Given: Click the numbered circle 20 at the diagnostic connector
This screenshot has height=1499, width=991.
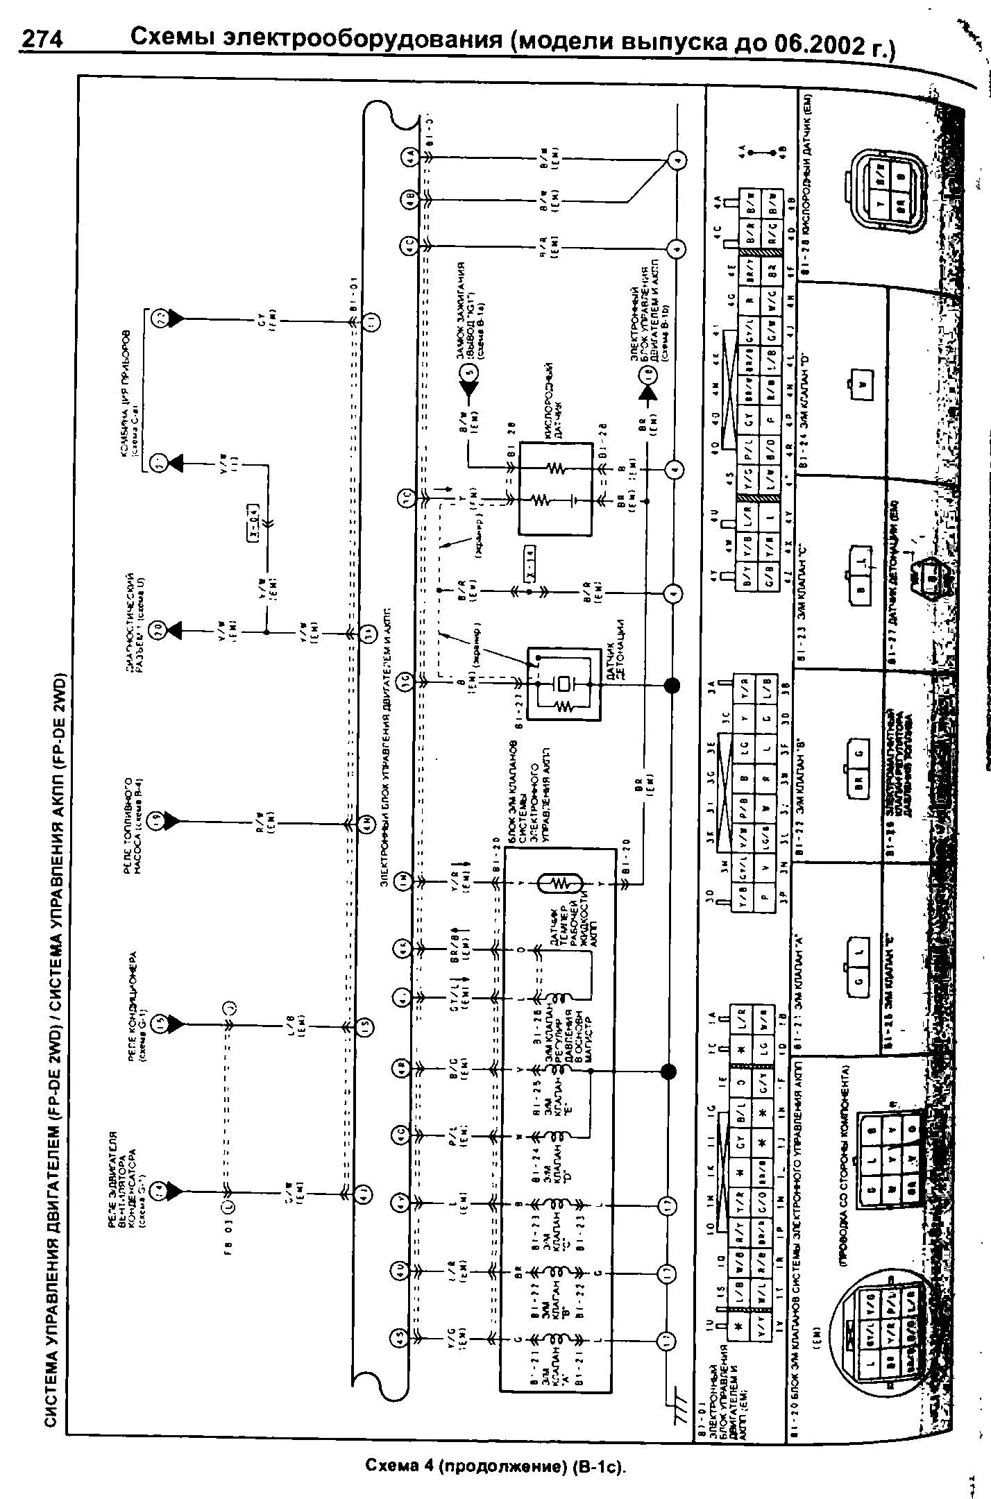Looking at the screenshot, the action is tap(158, 629).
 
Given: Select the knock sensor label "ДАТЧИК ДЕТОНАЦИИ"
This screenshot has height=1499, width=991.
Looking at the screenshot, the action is tap(621, 649).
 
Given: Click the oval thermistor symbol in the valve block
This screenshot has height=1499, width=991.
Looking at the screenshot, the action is tap(560, 883).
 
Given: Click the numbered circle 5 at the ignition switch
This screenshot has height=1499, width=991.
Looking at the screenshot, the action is tap(469, 371).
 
